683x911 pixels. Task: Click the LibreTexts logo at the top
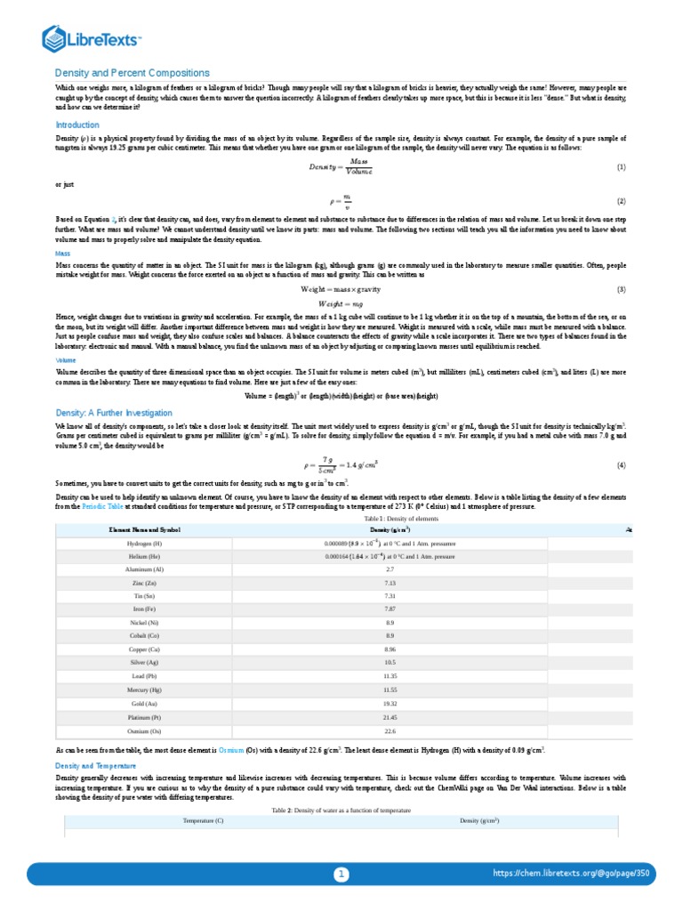tap(92, 38)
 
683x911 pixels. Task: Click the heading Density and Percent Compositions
tap(133, 73)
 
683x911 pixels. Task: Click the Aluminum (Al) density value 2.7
tap(390, 568)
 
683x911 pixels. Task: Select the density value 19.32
tap(390, 703)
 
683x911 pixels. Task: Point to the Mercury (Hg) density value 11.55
tap(390, 689)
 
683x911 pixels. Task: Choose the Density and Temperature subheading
tap(96, 765)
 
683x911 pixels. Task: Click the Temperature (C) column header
tap(204, 820)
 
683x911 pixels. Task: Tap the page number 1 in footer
tap(341, 875)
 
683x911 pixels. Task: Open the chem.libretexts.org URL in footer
tap(571, 875)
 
